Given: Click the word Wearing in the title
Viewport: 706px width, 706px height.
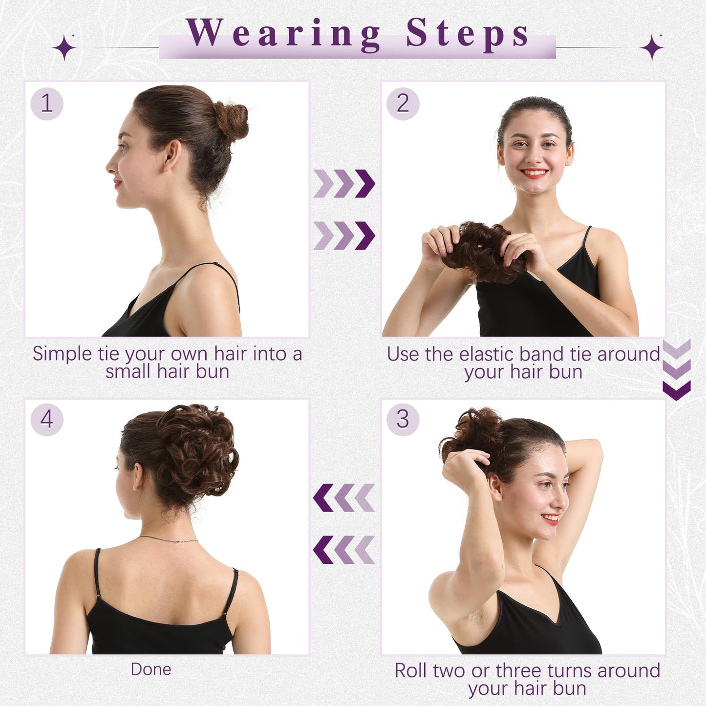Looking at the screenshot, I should click(283, 34).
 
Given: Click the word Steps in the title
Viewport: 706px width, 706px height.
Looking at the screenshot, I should click(468, 34).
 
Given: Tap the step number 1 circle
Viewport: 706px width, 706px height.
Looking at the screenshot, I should click(47, 104).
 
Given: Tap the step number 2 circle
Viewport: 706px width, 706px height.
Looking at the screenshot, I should click(403, 104).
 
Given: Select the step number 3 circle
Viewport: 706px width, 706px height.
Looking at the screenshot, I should click(403, 419).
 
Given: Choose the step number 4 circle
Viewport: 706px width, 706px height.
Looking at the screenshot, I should click(47, 419).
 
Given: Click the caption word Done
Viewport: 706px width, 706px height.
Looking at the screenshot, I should click(151, 669).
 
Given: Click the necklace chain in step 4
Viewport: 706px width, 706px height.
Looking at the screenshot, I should click(169, 539).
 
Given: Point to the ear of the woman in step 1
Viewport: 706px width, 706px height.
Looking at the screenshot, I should click(172, 155).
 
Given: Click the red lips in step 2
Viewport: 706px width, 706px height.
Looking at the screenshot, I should click(534, 173).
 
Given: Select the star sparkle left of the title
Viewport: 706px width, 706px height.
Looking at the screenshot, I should click(64, 48).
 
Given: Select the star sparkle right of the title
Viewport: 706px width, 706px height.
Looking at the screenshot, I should click(652, 48).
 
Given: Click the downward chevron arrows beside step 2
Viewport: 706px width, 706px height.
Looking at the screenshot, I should click(677, 370).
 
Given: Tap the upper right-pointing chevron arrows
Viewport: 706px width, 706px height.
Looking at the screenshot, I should click(344, 184).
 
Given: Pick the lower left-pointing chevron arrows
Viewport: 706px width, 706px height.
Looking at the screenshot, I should click(344, 550).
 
